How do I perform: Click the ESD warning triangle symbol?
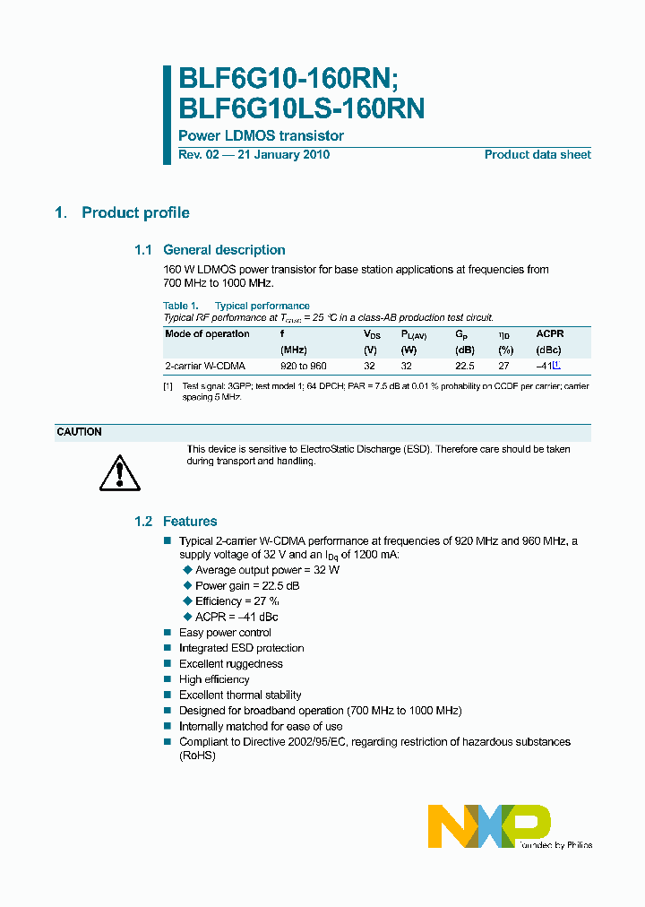click(118, 471)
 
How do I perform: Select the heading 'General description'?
click(224, 250)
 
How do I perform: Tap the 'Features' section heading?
click(189, 521)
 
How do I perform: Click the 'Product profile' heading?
click(135, 212)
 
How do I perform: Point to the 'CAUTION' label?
click(80, 432)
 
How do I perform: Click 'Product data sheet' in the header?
click(537, 154)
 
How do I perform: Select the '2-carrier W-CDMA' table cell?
click(205, 367)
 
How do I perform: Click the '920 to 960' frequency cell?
click(304, 367)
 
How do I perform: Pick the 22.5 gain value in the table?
click(464, 367)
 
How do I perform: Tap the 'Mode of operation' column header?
click(208, 333)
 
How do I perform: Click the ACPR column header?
click(550, 333)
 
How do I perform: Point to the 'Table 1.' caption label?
click(181, 306)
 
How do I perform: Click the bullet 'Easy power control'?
click(225, 633)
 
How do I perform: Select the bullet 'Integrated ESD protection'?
click(241, 648)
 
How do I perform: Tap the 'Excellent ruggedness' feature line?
click(230, 664)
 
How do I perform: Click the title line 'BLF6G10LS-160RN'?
click(302, 108)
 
